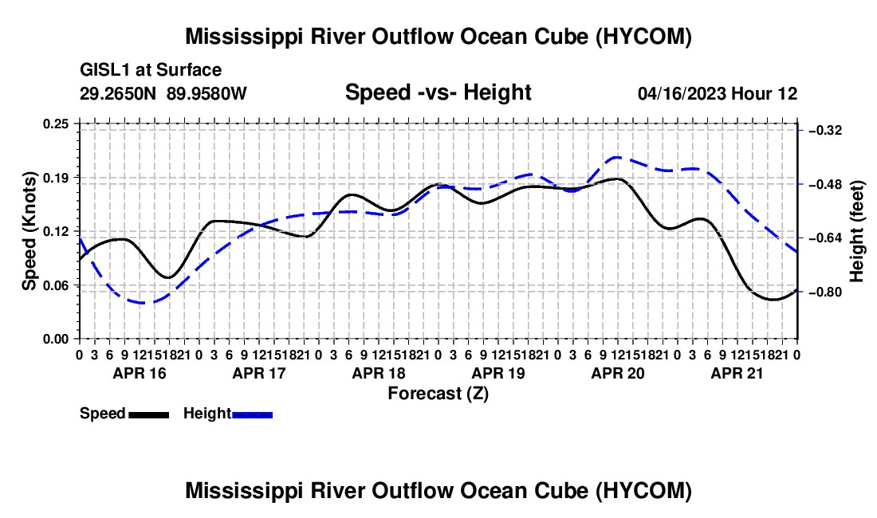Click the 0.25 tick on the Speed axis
point(56,124)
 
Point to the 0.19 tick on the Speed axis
point(56,178)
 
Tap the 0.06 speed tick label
point(56,285)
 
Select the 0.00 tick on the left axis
point(56,339)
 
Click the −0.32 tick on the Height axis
point(825,130)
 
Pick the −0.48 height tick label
point(825,184)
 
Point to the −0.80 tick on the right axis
point(825,292)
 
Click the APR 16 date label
point(140,373)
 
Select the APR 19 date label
point(498,373)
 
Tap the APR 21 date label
point(737,373)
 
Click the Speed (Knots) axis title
point(29,231)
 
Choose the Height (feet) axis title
point(856,231)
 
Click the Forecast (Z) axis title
point(438,394)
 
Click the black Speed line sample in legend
point(149,415)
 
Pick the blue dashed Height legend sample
point(252,415)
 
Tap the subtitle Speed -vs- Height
point(438,92)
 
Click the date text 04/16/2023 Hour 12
point(718,94)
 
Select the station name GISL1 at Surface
point(151,70)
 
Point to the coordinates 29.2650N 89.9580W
point(163,93)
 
